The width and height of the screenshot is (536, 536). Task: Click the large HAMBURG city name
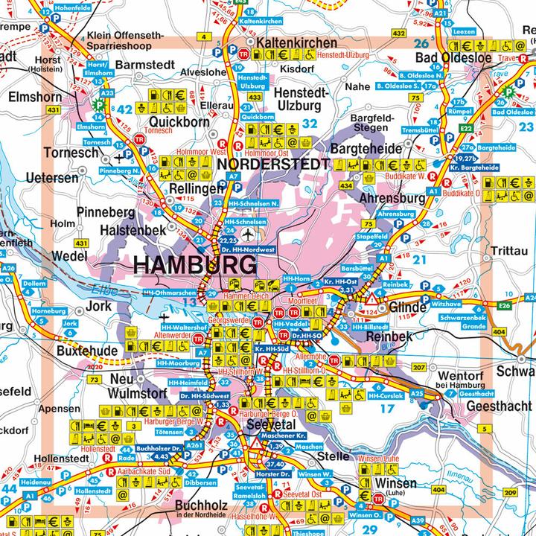pos(195,265)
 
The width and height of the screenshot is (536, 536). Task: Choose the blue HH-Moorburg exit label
pos(178,363)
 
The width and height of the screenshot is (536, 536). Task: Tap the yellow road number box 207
pos(419,368)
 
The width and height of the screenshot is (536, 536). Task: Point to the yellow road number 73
pos(94,380)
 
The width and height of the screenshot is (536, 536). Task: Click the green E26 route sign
pos(505,304)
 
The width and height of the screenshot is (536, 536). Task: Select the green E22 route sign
pos(467,128)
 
